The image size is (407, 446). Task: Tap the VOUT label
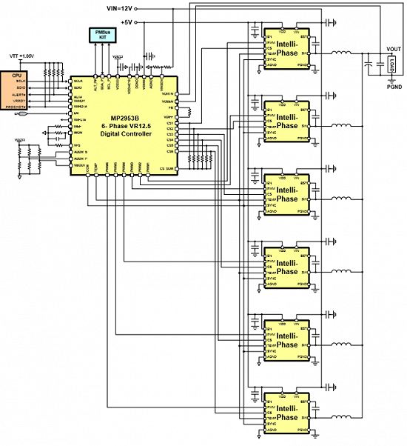tap(394, 50)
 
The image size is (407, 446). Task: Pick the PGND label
tap(394, 87)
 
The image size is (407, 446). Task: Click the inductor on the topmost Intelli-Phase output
tap(340, 53)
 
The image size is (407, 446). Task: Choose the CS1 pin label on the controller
tap(170, 123)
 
